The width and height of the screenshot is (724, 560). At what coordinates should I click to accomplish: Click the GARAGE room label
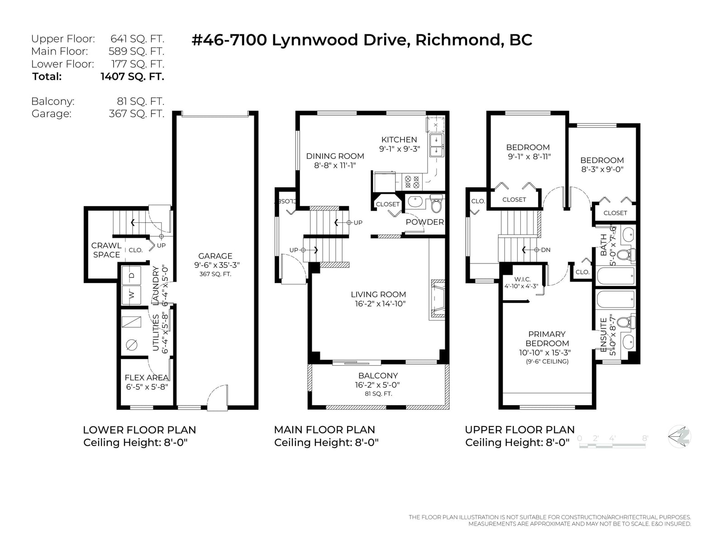[215, 256]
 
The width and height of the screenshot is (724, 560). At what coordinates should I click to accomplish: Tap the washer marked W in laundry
[131, 295]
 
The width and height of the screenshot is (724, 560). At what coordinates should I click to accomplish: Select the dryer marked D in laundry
[131, 275]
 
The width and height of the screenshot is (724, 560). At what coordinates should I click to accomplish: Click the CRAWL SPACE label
[106, 250]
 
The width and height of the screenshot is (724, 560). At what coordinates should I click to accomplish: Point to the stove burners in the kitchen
[412, 182]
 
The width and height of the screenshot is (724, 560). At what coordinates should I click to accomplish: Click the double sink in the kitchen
[436, 145]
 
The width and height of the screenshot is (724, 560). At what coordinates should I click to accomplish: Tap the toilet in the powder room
[436, 204]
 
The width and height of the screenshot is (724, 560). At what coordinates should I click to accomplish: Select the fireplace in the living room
[438, 299]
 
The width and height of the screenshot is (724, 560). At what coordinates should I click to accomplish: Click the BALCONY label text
[378, 376]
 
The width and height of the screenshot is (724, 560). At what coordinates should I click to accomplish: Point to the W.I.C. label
[522, 279]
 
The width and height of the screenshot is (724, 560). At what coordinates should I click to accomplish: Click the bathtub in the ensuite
[615, 299]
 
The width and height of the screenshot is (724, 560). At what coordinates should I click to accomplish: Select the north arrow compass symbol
[679, 437]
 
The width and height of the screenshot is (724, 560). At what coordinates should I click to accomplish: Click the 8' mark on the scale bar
[645, 438]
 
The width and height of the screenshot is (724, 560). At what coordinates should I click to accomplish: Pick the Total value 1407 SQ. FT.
[132, 77]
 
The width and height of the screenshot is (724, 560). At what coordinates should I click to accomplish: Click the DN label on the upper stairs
[546, 249]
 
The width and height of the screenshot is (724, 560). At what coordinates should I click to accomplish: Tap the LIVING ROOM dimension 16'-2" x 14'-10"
[380, 304]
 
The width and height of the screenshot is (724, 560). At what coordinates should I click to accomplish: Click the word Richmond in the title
[457, 40]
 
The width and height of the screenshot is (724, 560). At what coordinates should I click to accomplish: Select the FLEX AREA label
[147, 378]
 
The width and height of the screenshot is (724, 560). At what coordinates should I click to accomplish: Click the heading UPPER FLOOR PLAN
[520, 430]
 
